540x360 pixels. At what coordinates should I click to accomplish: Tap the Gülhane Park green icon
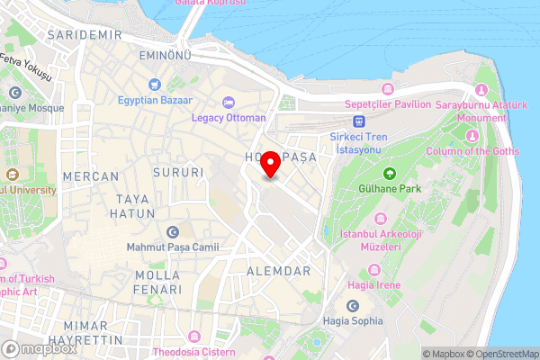(389, 174)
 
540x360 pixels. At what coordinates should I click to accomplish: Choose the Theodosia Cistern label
(194, 351)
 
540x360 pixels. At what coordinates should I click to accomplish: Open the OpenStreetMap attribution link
(501, 354)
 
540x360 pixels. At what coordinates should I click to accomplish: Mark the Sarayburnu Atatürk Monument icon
(480, 92)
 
